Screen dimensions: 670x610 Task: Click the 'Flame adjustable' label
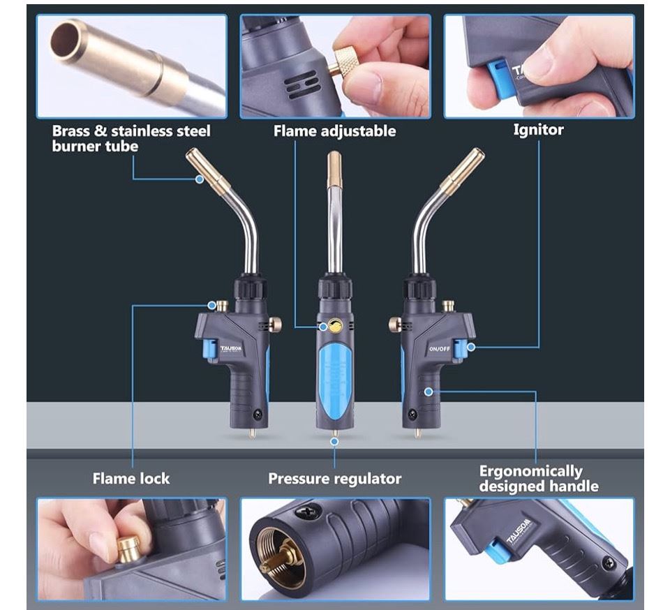click(334, 131)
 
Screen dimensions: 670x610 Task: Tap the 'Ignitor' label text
click(538, 129)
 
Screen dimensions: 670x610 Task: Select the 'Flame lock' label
click(131, 478)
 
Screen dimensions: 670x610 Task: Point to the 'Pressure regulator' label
click(334, 478)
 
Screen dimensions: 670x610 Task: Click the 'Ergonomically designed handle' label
click(538, 478)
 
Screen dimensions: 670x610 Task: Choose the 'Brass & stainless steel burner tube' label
click(131, 138)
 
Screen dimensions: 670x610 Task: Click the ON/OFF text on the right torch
click(439, 349)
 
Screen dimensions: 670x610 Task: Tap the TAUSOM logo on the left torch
click(231, 348)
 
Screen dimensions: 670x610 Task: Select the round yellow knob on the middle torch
click(336, 326)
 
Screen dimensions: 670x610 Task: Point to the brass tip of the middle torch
click(334, 170)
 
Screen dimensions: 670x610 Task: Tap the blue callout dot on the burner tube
click(199, 179)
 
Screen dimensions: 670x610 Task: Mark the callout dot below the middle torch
click(334, 441)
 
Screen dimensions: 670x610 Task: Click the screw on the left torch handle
click(258, 413)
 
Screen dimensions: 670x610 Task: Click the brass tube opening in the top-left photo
click(64, 41)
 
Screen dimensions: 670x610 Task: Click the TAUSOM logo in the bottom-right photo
click(519, 532)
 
